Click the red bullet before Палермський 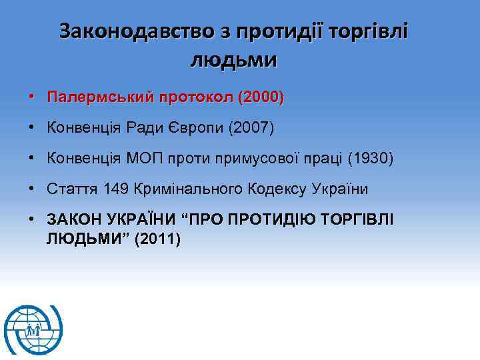[x=32, y=98]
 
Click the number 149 [x=118, y=189]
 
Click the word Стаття [x=73, y=189]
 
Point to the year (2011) [x=157, y=239]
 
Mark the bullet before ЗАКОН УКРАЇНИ [x=32, y=220]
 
